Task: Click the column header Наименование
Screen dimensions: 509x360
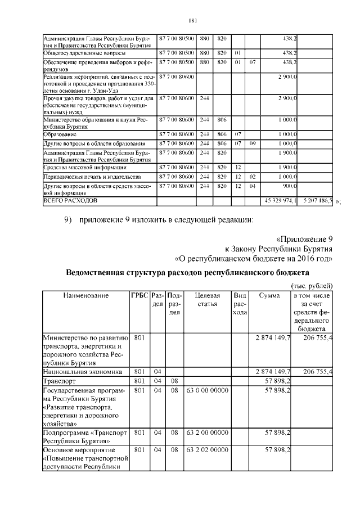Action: pyautogui.click(x=85, y=295)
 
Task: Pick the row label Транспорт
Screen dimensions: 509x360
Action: pyautogui.click(x=60, y=381)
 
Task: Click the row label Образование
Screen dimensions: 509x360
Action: pyautogui.click(x=60, y=135)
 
